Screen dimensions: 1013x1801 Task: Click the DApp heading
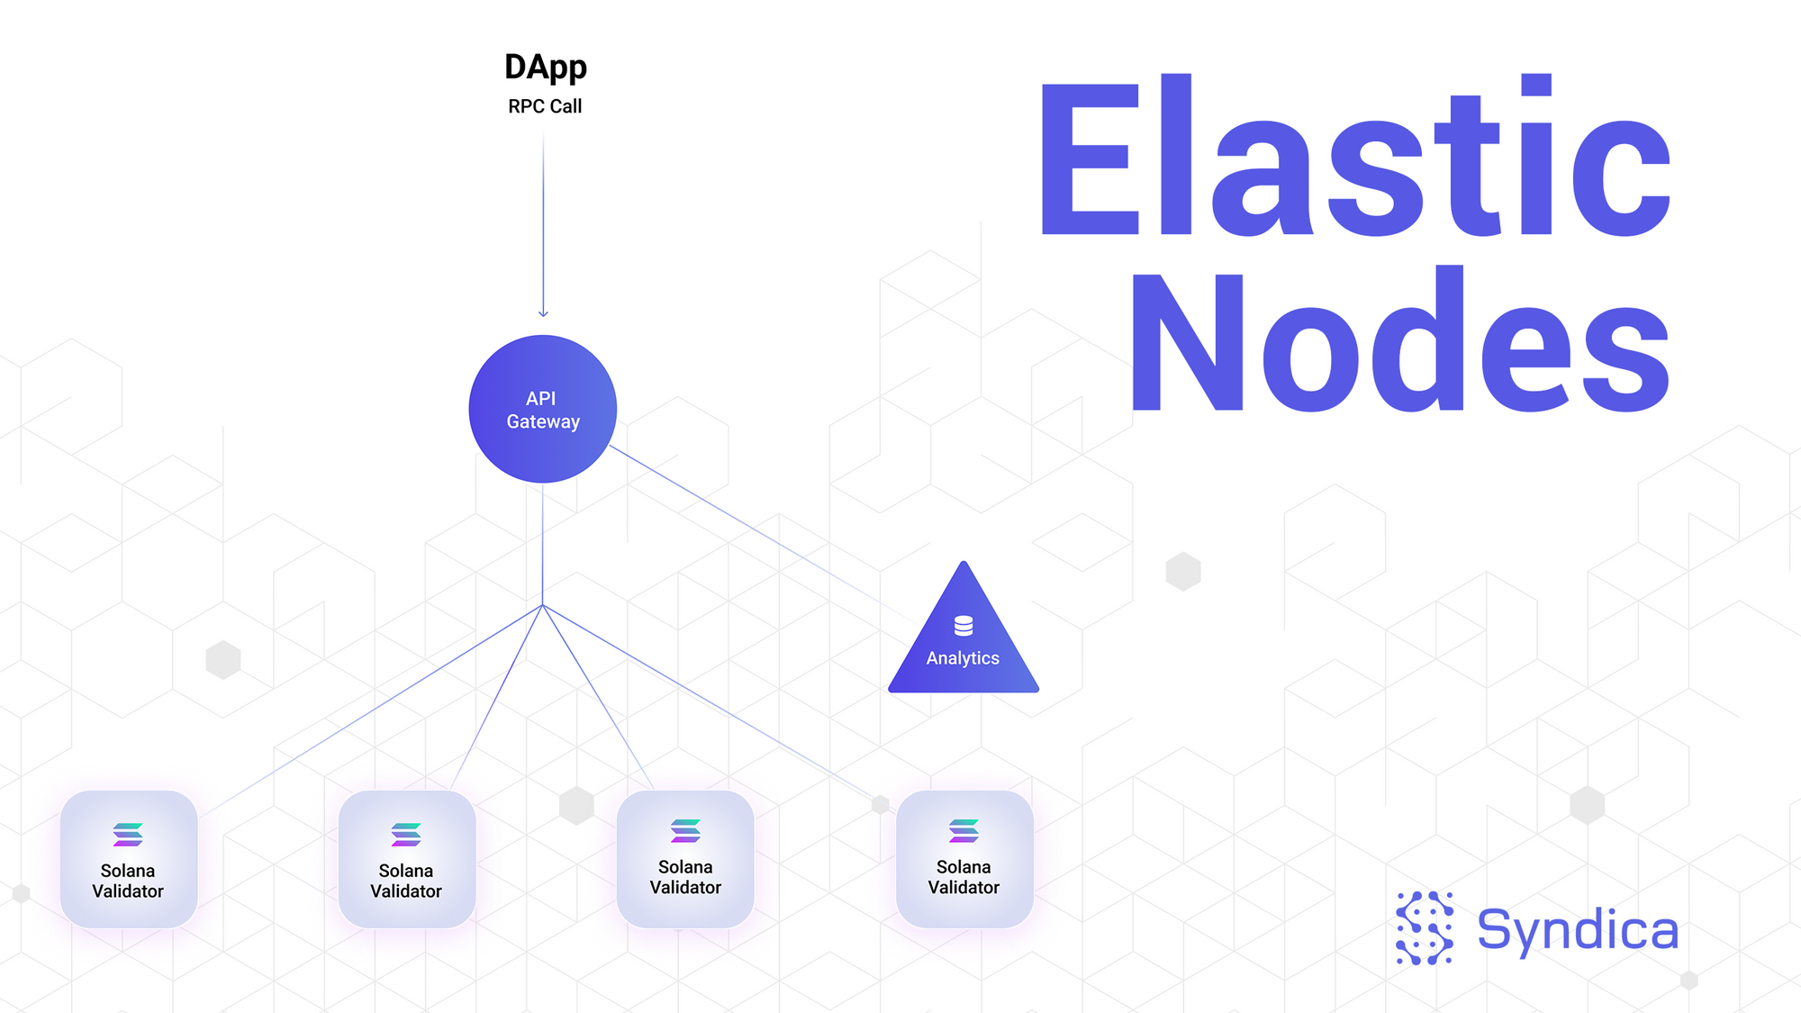(546, 68)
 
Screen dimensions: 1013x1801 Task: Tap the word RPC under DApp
(526, 106)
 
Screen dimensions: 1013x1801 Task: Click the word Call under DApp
(566, 106)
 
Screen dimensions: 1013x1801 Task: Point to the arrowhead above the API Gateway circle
(543, 313)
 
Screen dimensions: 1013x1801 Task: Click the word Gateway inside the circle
(543, 421)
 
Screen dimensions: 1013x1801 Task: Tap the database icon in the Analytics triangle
(964, 625)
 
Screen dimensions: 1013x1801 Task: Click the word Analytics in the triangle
(963, 658)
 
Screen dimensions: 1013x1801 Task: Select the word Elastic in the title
(1355, 158)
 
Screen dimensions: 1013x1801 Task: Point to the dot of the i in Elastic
(1536, 85)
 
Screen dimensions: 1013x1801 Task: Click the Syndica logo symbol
(1425, 928)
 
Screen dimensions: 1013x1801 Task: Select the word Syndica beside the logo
(1578, 930)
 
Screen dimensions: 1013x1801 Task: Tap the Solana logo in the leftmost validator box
(128, 835)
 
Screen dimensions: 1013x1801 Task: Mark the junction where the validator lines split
(543, 605)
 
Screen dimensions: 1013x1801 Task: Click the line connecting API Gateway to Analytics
(747, 523)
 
